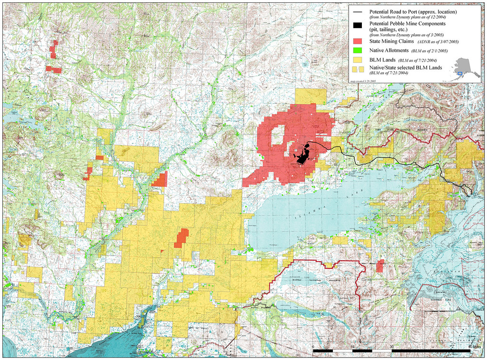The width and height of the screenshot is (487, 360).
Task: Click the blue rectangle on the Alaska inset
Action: (x=459, y=73)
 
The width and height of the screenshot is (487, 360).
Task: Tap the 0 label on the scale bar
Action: (x=313, y=346)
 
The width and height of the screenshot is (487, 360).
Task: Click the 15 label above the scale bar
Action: (x=352, y=346)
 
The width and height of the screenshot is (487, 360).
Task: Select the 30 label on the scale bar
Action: (x=391, y=346)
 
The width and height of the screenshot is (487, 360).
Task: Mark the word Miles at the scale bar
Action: (x=474, y=346)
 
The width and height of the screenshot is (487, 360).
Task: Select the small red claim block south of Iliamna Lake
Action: (x=380, y=266)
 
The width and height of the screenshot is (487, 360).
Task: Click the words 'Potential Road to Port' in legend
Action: (x=390, y=11)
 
